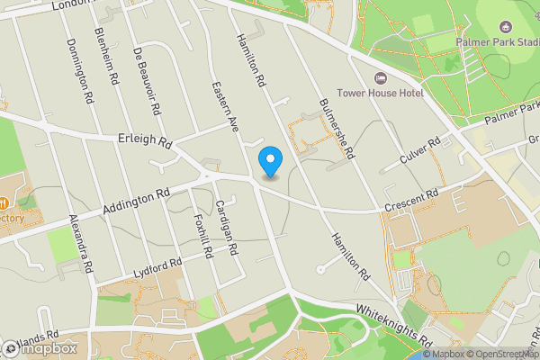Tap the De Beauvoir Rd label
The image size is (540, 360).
click(147, 81)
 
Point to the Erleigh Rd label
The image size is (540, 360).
click(144, 141)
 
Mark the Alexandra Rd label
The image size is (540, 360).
click(81, 243)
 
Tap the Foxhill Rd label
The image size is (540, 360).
click(201, 237)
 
